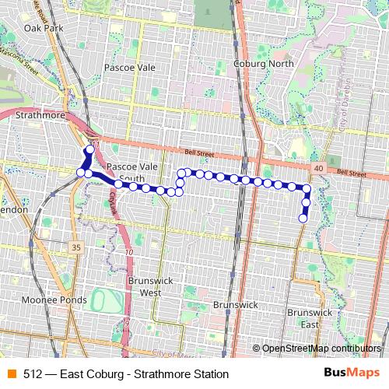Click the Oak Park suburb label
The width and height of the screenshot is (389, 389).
pos(42,28)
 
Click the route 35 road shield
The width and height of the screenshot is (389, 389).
pos(75,247)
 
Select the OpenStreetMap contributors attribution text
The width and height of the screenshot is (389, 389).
pos(321,348)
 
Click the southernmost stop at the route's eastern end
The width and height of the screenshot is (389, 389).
pos(303,219)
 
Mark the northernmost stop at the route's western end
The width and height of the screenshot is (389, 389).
pos(89,148)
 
